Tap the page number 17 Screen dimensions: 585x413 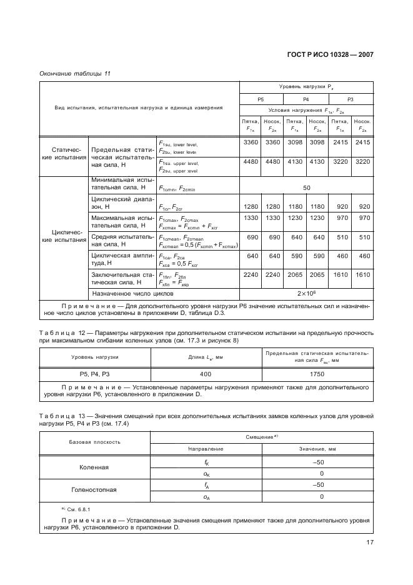pyautogui.click(x=369, y=542)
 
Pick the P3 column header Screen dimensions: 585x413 pyautogui.click(x=351, y=99)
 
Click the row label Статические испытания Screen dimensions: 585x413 pyautogui.click(x=63, y=154)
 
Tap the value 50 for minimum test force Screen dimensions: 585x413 pyautogui.click(x=307, y=187)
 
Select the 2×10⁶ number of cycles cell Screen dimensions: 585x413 pyautogui.click(x=307, y=292)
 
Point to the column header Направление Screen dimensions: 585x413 pyautogui.click(x=207, y=449)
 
